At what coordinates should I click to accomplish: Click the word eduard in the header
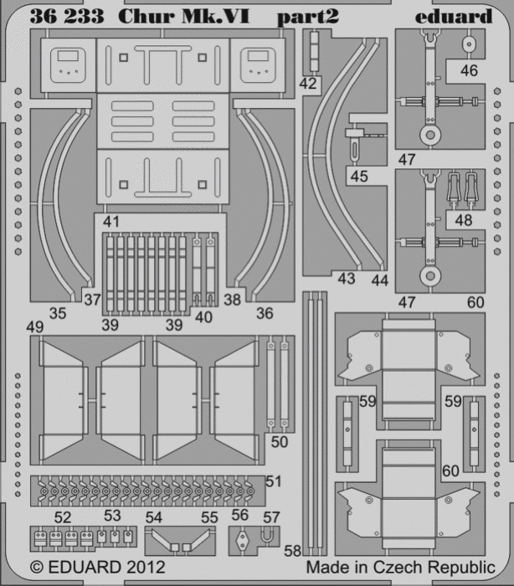coord(454,17)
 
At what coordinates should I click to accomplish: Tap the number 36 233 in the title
coord(66,17)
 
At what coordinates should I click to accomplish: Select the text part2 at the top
coord(308,18)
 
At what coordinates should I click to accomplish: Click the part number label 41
coord(111,221)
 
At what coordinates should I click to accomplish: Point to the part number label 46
coord(469,70)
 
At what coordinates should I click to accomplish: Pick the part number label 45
coord(359,176)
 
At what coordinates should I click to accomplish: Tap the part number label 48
coord(464,220)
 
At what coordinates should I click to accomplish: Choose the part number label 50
coord(280,442)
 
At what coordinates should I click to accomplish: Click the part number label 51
coord(273,481)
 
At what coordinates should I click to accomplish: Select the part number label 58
coord(292,551)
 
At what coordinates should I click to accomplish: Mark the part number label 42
coord(308,84)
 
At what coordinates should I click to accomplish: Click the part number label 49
coord(35,327)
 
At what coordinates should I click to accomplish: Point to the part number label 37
coord(92,300)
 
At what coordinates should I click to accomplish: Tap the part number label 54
coord(154,517)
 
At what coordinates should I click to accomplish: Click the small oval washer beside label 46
coord(469,44)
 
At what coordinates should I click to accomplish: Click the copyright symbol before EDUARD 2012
coord(37,568)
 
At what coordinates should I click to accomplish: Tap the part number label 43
coord(347,279)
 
